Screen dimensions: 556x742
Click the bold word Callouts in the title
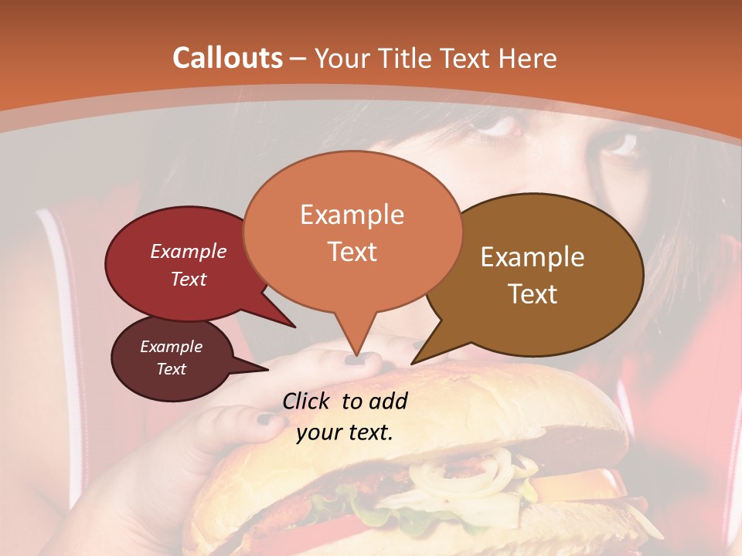point(227,58)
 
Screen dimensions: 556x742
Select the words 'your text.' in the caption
point(345,432)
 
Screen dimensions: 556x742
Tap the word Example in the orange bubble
point(352,215)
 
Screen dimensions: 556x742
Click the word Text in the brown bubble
point(533,294)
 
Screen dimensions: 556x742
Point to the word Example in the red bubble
point(189,251)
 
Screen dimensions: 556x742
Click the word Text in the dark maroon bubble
point(172,369)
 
